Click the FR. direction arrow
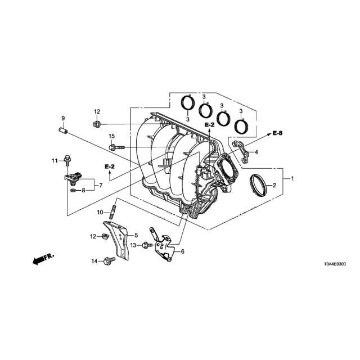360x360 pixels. click(43, 259)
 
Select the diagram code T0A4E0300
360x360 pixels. click(335, 264)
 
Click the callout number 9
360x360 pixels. click(63, 118)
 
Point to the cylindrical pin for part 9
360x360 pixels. click(62, 131)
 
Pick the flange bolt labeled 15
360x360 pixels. click(116, 147)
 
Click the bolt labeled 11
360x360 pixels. click(67, 160)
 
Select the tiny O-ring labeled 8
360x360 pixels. click(74, 190)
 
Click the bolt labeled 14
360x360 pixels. click(109, 261)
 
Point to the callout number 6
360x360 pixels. click(182, 251)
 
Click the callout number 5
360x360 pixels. click(136, 235)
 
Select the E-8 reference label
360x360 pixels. click(277, 133)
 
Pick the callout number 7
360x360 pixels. click(101, 185)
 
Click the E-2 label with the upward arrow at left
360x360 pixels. click(110, 166)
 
